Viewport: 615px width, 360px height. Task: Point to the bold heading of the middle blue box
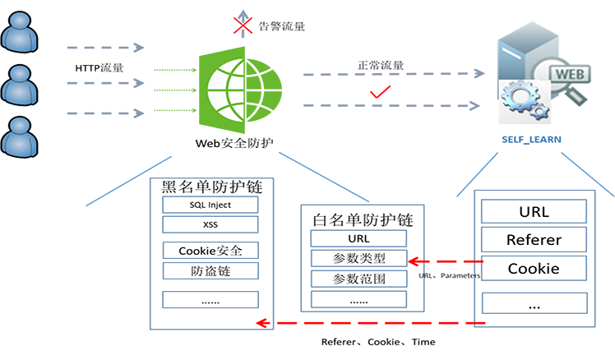point(363,219)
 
